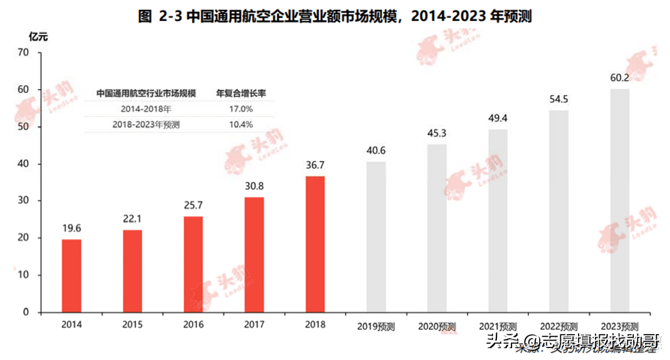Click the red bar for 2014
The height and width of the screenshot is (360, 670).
click(x=71, y=276)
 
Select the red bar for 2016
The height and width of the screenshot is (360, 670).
click(x=194, y=264)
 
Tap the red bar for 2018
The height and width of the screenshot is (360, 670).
click(x=315, y=244)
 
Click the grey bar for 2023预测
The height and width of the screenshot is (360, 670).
click(x=620, y=201)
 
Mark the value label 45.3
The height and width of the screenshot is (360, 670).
click(x=437, y=134)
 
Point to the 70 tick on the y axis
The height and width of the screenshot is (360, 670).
click(x=22, y=52)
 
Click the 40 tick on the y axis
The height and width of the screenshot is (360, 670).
click(x=22, y=164)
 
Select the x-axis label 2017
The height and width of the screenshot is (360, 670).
click(x=254, y=325)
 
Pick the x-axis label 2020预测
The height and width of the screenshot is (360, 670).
click(x=437, y=327)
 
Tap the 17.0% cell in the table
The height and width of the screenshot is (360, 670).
click(x=241, y=109)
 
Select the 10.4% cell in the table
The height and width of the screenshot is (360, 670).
click(x=241, y=124)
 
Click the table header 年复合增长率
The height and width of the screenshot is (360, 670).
click(x=241, y=93)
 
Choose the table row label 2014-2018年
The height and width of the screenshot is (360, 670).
click(x=146, y=109)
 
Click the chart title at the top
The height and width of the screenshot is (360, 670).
click(x=335, y=16)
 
